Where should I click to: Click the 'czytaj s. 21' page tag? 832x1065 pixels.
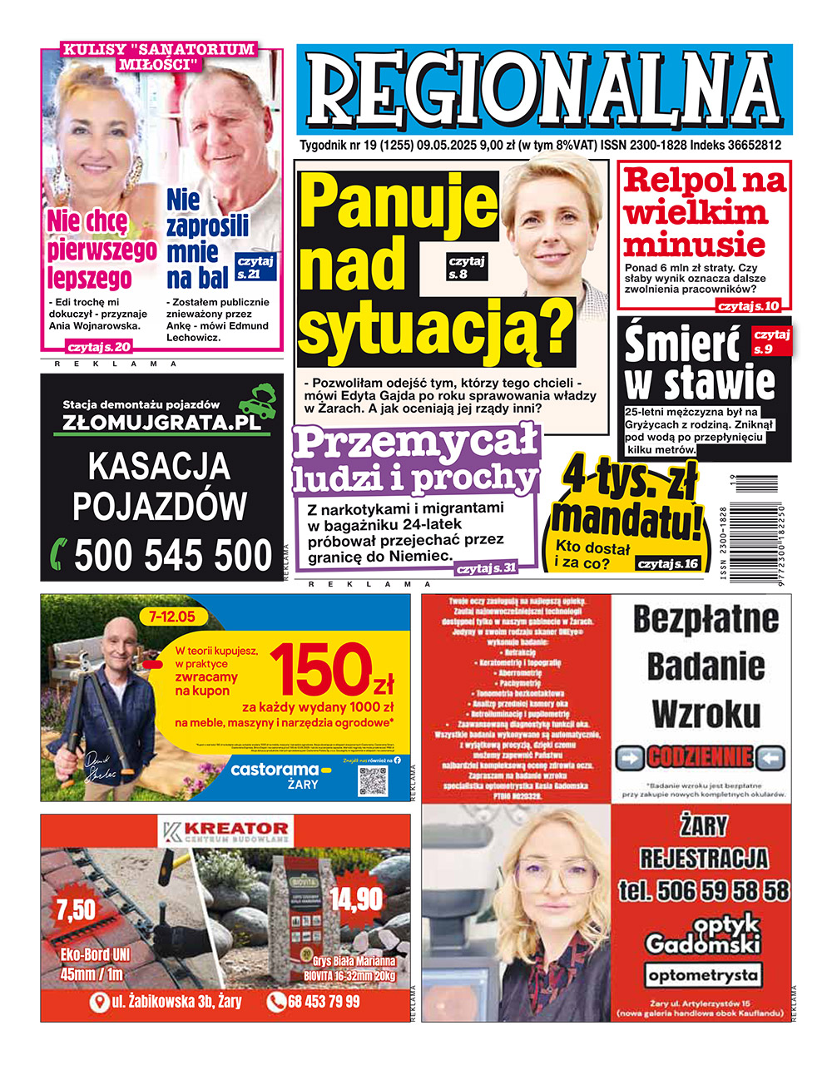(255, 267)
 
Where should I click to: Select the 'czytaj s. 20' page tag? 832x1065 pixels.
(99, 347)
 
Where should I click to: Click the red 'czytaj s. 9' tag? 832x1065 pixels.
(770, 341)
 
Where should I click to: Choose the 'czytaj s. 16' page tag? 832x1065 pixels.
(667, 564)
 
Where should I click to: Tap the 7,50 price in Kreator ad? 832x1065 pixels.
(76, 909)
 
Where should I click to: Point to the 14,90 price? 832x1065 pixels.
(356, 899)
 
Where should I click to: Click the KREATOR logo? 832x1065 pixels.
(226, 830)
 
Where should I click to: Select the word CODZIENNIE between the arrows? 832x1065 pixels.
(700, 758)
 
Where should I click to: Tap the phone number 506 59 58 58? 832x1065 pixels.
(703, 891)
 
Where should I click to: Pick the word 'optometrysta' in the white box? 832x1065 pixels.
(703, 974)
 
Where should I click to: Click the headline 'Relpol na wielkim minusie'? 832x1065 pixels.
(704, 212)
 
